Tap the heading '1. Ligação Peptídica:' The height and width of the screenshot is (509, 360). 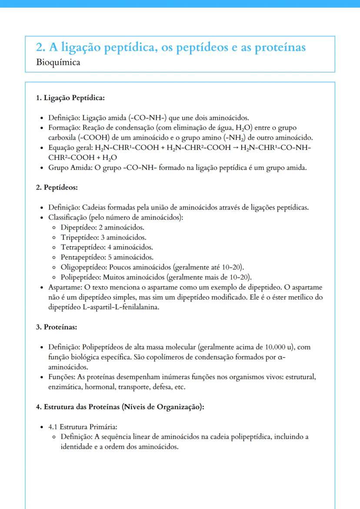pos(70,98)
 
